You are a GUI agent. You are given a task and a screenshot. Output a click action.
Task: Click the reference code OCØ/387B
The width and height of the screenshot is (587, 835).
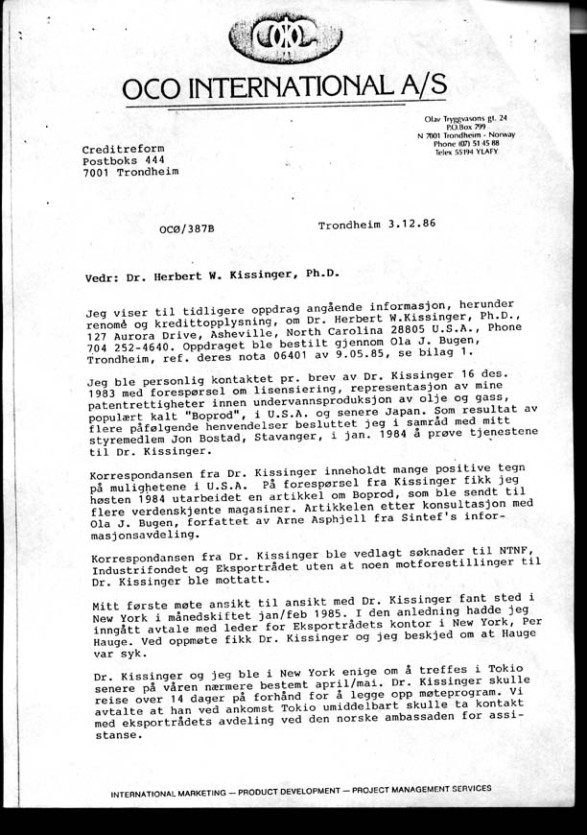187,229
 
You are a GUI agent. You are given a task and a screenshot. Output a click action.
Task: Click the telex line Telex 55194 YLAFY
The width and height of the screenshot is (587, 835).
470,153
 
